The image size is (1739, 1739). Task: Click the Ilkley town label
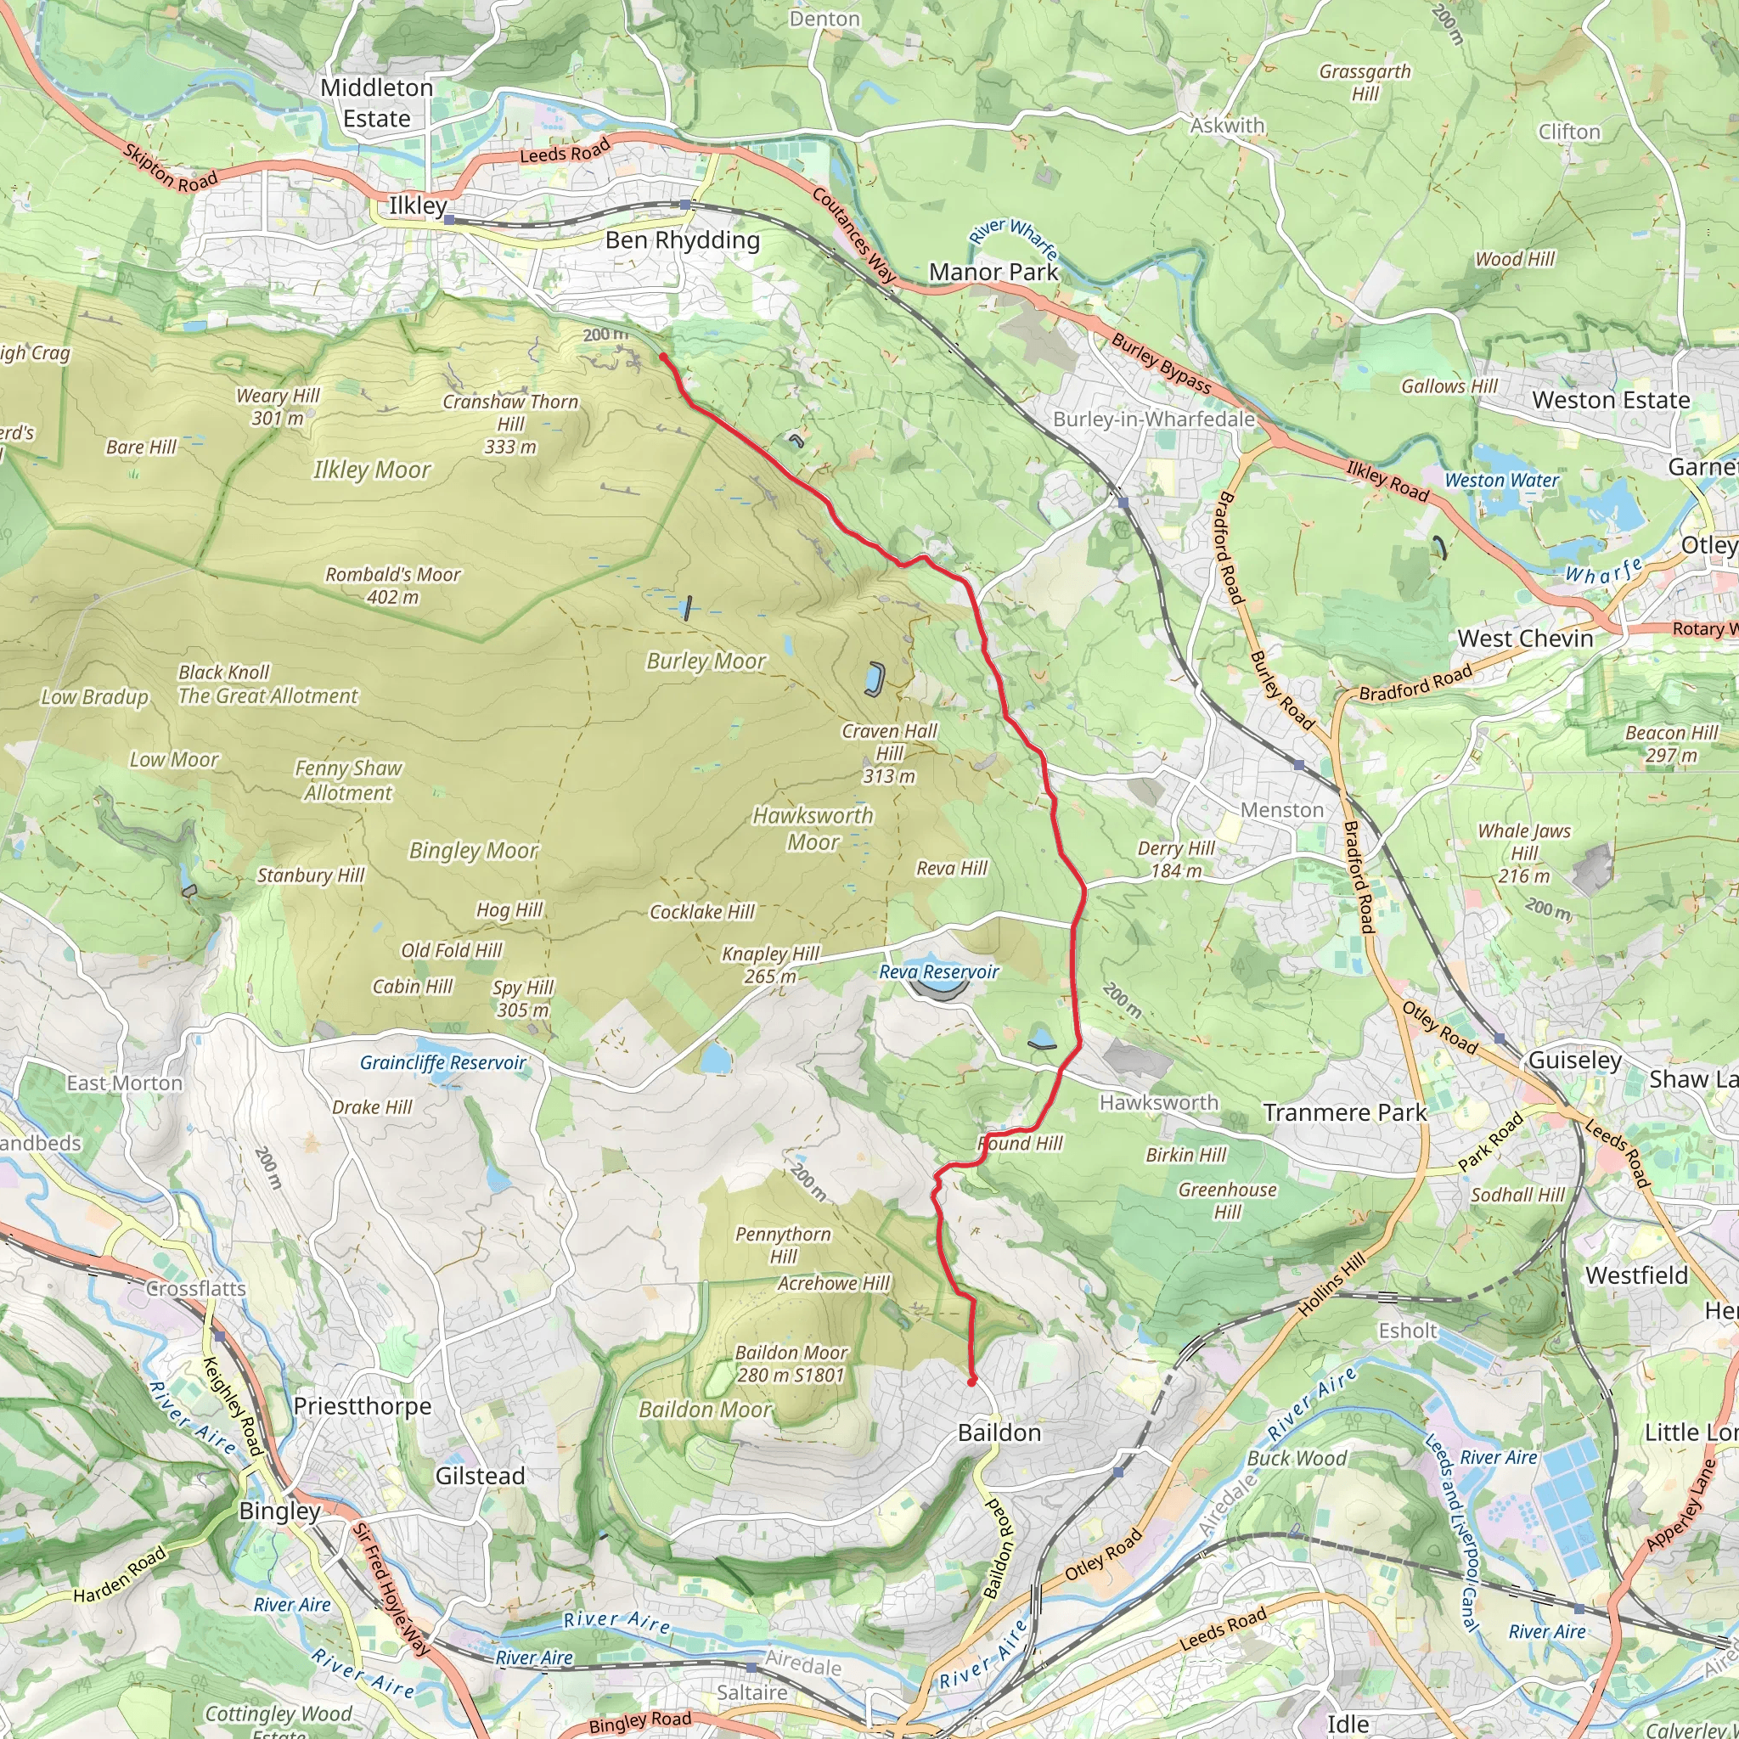pyautogui.click(x=418, y=205)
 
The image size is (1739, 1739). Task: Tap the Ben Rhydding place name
pyautogui.click(x=683, y=240)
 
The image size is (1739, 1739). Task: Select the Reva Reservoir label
pyautogui.click(x=939, y=972)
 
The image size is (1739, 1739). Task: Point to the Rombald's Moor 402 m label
pyautogui.click(x=392, y=585)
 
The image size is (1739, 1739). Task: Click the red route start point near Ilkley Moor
pyautogui.click(x=663, y=357)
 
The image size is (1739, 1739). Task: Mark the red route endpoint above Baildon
pyautogui.click(x=971, y=1382)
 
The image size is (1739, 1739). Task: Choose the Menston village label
pyautogui.click(x=1281, y=810)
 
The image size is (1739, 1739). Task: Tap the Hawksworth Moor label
pyautogui.click(x=813, y=828)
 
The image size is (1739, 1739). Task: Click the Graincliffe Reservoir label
pyautogui.click(x=443, y=1063)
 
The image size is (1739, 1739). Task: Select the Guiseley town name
pyautogui.click(x=1574, y=1061)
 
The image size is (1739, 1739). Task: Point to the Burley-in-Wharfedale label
pyautogui.click(x=1154, y=419)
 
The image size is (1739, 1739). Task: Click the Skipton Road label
pyautogui.click(x=170, y=168)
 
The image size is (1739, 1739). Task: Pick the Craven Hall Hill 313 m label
pyautogui.click(x=889, y=753)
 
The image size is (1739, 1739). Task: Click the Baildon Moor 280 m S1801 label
pyautogui.click(x=791, y=1364)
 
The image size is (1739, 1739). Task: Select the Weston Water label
pyautogui.click(x=1501, y=481)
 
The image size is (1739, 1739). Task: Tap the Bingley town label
pyautogui.click(x=279, y=1511)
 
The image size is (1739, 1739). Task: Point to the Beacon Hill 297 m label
pyautogui.click(x=1671, y=745)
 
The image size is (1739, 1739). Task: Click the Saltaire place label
pyautogui.click(x=751, y=1693)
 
